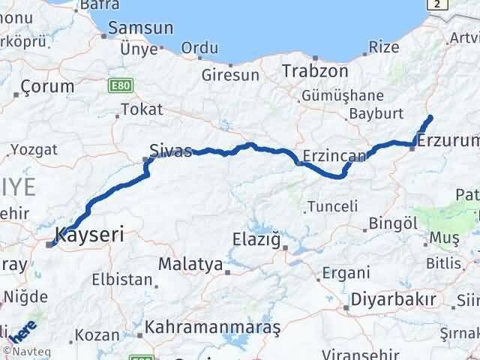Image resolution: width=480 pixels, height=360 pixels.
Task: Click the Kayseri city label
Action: [89, 234]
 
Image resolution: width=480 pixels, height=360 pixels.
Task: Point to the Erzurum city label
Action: [448, 140]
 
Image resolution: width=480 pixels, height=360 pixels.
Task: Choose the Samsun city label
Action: [140, 28]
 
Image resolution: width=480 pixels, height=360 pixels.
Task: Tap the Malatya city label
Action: [190, 264]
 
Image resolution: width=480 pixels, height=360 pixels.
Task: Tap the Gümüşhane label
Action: [343, 96]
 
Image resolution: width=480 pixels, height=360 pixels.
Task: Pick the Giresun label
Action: [230, 75]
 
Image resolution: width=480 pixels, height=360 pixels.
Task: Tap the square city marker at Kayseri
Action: [50, 244]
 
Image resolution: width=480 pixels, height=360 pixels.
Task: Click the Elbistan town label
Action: [121, 280]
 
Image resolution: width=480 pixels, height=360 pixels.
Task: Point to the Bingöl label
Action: [393, 223]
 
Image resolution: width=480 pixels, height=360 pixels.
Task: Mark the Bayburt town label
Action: [376, 114]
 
